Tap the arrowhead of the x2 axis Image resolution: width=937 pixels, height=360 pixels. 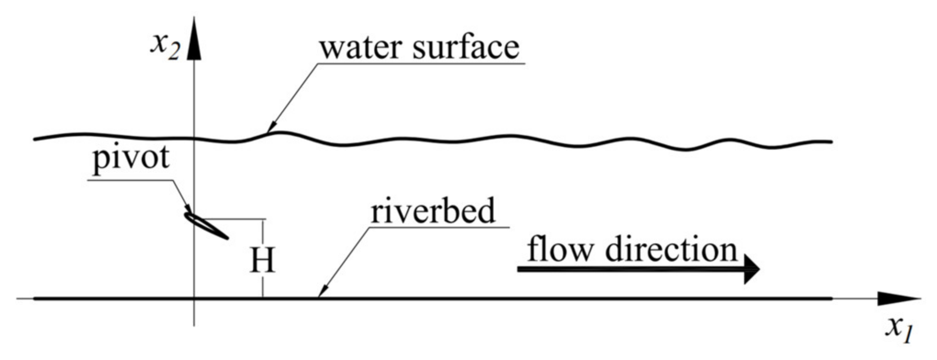point(195,39)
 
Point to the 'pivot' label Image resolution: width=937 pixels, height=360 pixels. point(131,159)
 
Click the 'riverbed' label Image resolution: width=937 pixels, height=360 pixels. point(433,211)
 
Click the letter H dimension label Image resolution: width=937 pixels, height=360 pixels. point(263,260)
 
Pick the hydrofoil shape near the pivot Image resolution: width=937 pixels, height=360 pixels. point(205,225)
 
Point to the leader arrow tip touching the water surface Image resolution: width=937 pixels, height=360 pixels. point(269,131)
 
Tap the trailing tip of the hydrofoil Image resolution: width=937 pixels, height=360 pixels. point(227,238)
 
